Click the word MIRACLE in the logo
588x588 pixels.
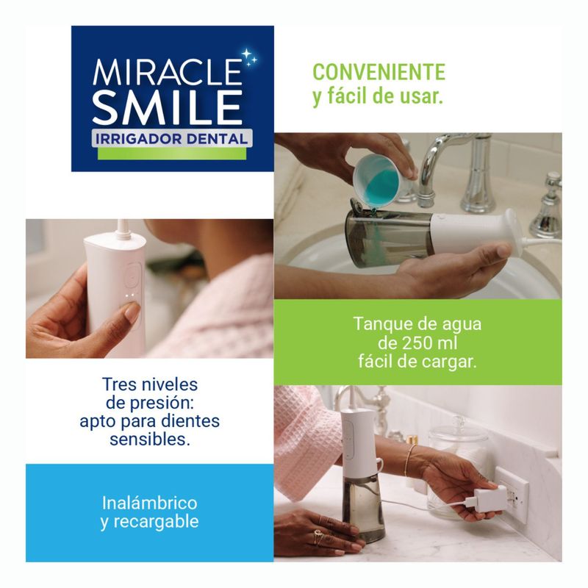[x=168, y=72]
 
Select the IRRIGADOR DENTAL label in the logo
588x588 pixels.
[x=172, y=139]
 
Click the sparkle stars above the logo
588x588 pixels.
[x=250, y=58]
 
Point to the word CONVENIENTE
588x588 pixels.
[x=379, y=72]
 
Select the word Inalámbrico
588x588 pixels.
[x=149, y=503]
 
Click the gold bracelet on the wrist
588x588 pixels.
[x=409, y=460]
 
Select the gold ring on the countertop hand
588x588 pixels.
[x=318, y=537]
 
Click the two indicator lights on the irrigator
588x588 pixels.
[x=131, y=295]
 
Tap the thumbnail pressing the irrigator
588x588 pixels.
[x=132, y=312]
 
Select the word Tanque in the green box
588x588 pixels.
[x=377, y=325]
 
